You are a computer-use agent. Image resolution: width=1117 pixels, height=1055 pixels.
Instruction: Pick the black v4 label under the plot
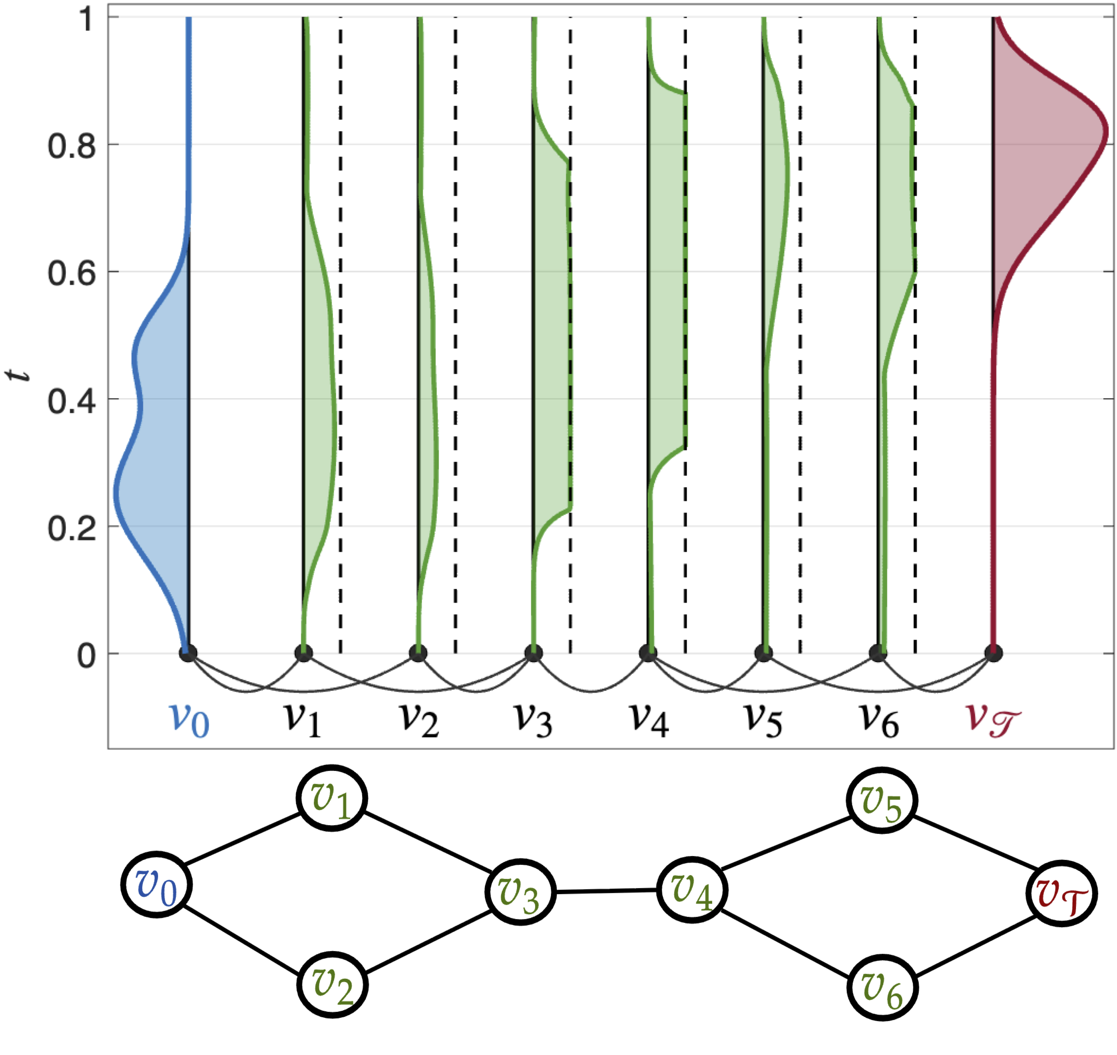(x=650, y=720)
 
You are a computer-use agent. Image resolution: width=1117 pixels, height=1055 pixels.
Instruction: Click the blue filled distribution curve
(x=152, y=394)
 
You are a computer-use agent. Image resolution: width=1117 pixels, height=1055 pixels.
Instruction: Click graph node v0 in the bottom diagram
(x=157, y=885)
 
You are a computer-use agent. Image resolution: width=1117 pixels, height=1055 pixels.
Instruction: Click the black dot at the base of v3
(x=533, y=654)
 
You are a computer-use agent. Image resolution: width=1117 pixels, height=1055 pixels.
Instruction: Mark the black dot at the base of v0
(x=189, y=654)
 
